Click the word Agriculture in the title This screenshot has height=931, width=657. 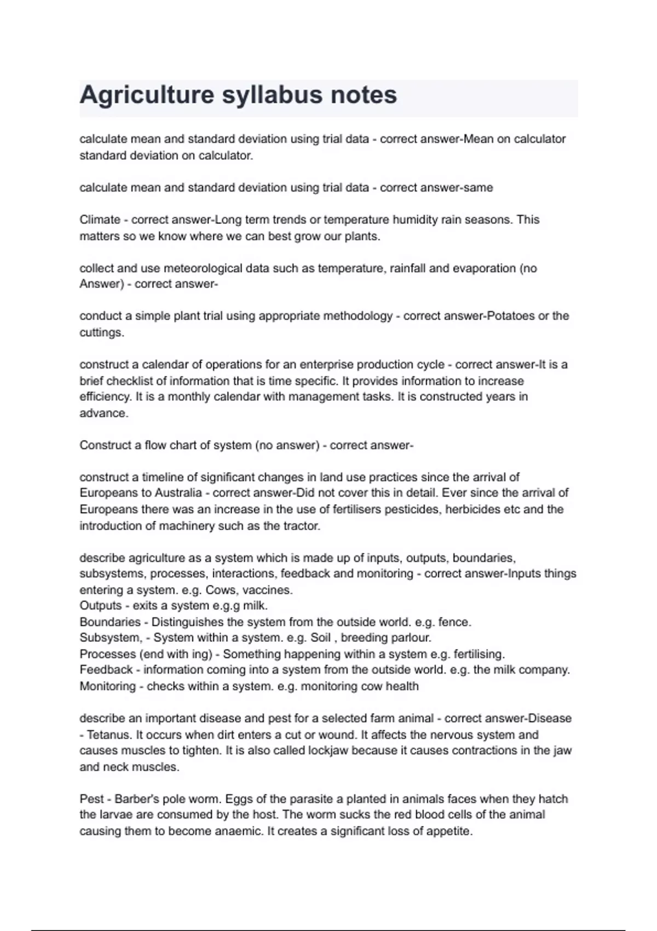[x=147, y=95]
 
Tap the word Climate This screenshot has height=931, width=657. [x=100, y=220]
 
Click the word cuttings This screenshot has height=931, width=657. [x=101, y=332]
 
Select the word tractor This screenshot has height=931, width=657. [x=300, y=526]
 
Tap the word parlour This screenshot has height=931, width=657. [x=412, y=638]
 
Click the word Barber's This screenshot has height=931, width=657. [x=136, y=799]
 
